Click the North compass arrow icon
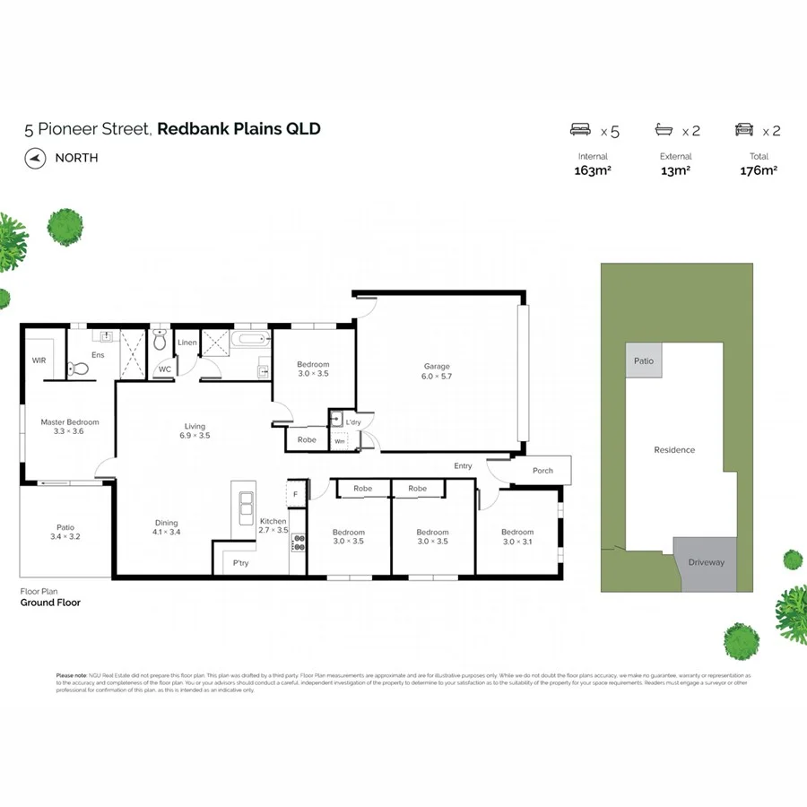click(35, 158)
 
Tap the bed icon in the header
click(581, 131)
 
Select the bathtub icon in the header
click(664, 131)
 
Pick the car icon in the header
click(744, 131)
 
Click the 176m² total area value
click(759, 170)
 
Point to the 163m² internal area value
click(592, 170)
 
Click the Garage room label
click(437, 366)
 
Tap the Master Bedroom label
click(69, 421)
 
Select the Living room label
click(195, 427)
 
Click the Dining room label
click(166, 523)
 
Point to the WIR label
click(39, 360)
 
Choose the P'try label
click(240, 563)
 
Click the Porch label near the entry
click(542, 471)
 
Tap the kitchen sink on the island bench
click(243, 509)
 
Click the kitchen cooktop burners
click(299, 542)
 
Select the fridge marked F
click(294, 493)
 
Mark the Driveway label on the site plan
click(707, 562)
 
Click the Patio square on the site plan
click(644, 360)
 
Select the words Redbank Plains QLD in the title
click(239, 128)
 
